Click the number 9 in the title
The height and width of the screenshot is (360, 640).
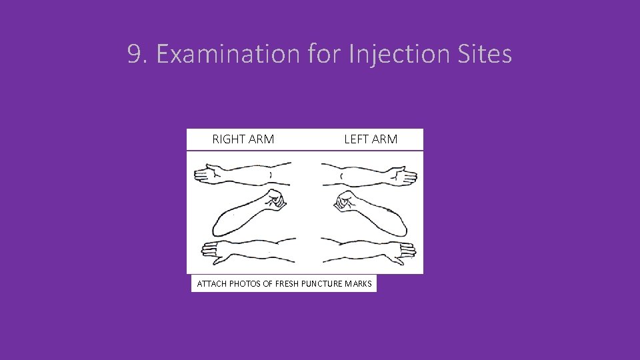click(135, 55)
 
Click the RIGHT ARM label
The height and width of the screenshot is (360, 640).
click(243, 139)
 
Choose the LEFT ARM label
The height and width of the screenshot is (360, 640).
click(371, 139)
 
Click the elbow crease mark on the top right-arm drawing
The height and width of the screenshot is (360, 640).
click(270, 175)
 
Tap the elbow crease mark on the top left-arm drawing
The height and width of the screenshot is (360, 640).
click(341, 175)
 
